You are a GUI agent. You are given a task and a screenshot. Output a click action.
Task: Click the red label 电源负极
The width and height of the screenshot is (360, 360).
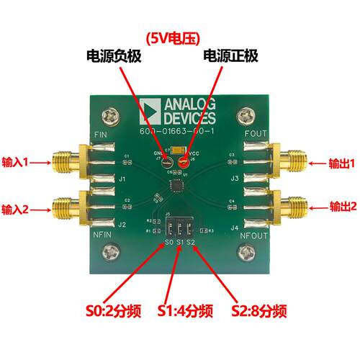point(112,57)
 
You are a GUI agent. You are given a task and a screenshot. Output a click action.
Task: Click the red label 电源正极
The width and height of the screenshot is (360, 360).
point(231,57)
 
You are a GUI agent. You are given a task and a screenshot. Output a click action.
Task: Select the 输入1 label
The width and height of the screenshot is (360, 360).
point(15,163)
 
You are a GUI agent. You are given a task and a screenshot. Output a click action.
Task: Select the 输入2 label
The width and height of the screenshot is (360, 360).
point(15,209)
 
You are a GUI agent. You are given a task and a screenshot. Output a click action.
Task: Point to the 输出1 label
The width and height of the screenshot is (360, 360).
point(343,163)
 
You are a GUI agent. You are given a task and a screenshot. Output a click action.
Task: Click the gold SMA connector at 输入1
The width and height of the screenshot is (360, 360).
point(65,162)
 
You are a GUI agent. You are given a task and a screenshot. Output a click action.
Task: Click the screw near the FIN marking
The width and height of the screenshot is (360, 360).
point(111,115)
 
